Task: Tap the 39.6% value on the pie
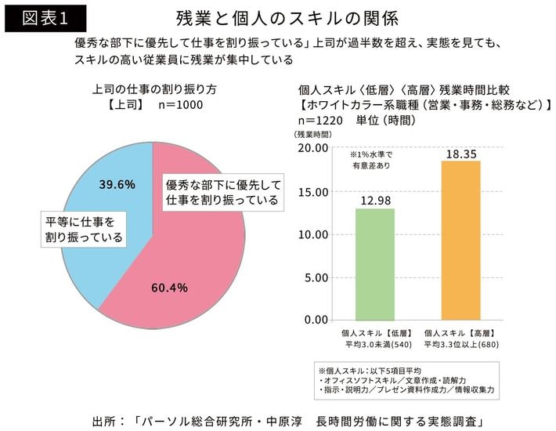click(x=117, y=184)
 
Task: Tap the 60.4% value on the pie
click(x=169, y=288)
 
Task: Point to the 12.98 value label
click(x=374, y=200)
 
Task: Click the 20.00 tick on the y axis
click(x=314, y=149)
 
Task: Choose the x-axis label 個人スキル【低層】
click(x=374, y=333)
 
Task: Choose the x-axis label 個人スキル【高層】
click(x=460, y=333)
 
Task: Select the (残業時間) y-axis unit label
click(x=312, y=135)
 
